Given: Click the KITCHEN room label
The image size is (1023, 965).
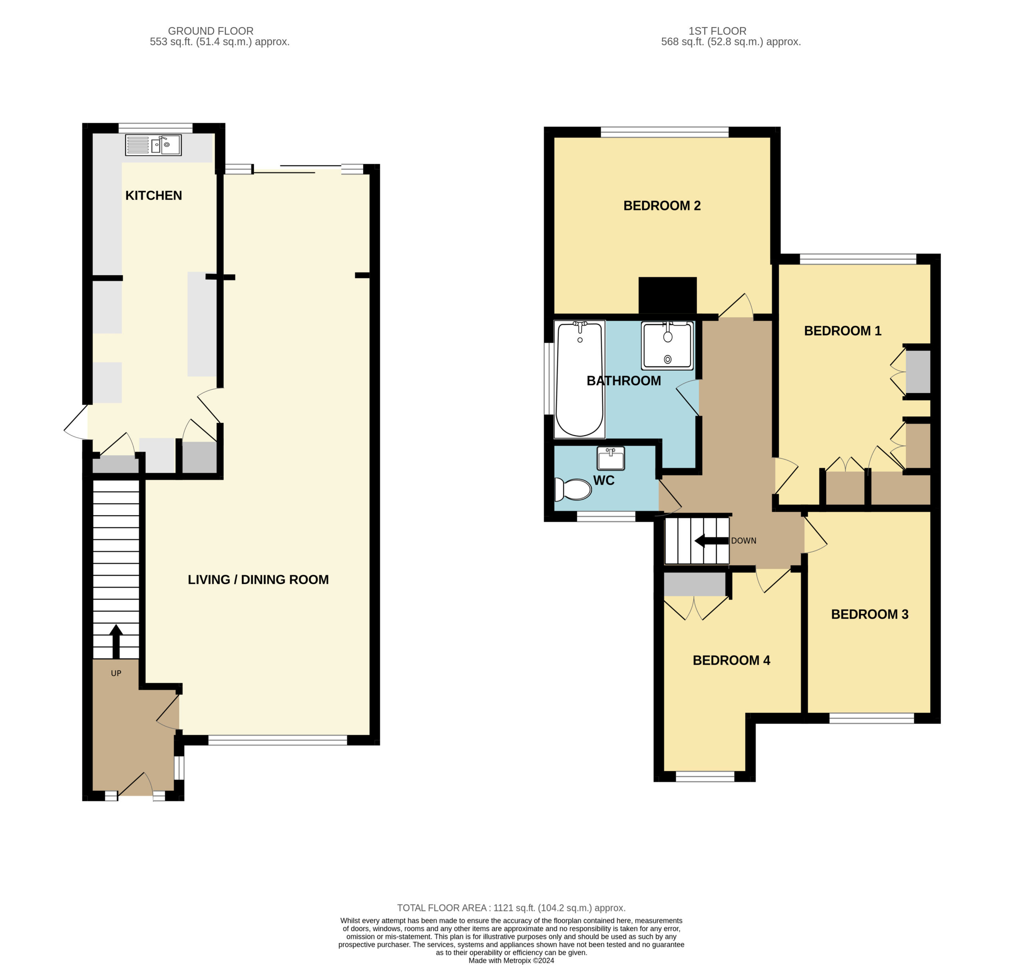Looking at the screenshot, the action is pyautogui.click(x=153, y=195).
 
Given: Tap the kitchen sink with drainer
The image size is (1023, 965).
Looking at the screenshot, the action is pyautogui.click(x=153, y=145).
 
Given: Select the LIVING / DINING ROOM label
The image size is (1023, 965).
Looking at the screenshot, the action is pyautogui.click(x=258, y=579).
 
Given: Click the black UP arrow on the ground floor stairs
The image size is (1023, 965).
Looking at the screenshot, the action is pyautogui.click(x=116, y=641).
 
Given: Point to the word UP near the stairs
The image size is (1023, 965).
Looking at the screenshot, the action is pyautogui.click(x=116, y=673).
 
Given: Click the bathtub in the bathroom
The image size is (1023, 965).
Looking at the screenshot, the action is pyautogui.click(x=579, y=379).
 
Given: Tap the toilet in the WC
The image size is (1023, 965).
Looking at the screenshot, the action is pyautogui.click(x=573, y=489).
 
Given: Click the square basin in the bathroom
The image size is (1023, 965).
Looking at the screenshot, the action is pyautogui.click(x=667, y=345).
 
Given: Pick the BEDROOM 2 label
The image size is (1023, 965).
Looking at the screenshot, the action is pyautogui.click(x=662, y=206).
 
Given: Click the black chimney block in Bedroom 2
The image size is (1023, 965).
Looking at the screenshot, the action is pyautogui.click(x=667, y=295).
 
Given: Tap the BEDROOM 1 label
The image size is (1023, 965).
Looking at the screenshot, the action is pyautogui.click(x=842, y=331).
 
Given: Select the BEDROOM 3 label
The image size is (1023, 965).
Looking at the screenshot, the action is pyautogui.click(x=870, y=614).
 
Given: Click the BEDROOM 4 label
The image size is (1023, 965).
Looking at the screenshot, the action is pyautogui.click(x=731, y=661).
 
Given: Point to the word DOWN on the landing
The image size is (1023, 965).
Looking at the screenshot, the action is pyautogui.click(x=744, y=540).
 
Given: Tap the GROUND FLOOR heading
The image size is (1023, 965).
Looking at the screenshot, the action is pyautogui.click(x=211, y=31).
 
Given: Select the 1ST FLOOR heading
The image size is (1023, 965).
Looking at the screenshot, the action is pyautogui.click(x=717, y=31).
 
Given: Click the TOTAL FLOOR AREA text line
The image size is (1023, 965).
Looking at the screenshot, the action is pyautogui.click(x=511, y=908).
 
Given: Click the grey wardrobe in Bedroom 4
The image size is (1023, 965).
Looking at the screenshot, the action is pyautogui.click(x=695, y=584).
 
